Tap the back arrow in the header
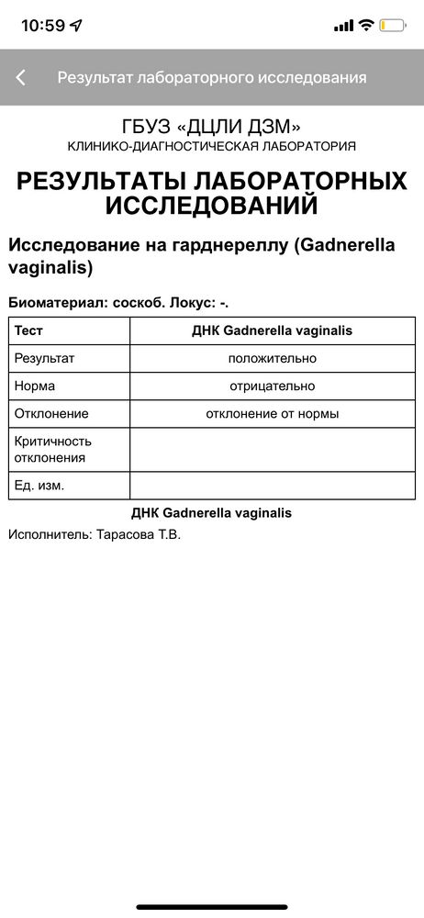click(x=20, y=78)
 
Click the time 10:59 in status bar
click(x=43, y=26)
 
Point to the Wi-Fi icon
click(x=366, y=26)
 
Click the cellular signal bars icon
click(x=343, y=26)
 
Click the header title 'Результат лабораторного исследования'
click(x=212, y=78)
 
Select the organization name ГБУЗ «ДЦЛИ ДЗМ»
click(x=212, y=127)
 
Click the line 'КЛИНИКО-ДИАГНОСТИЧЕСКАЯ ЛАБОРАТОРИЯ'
click(x=212, y=147)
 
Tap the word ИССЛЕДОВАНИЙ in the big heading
click(x=212, y=206)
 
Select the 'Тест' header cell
click(x=29, y=330)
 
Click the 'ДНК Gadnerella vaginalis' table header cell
click(x=273, y=330)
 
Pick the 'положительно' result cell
click(x=273, y=358)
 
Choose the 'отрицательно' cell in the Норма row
click(x=273, y=386)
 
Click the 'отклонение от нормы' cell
click(x=273, y=414)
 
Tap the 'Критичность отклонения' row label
click(x=53, y=449)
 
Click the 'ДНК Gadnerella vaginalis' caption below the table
click(x=212, y=513)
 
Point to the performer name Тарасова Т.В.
click(x=139, y=533)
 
